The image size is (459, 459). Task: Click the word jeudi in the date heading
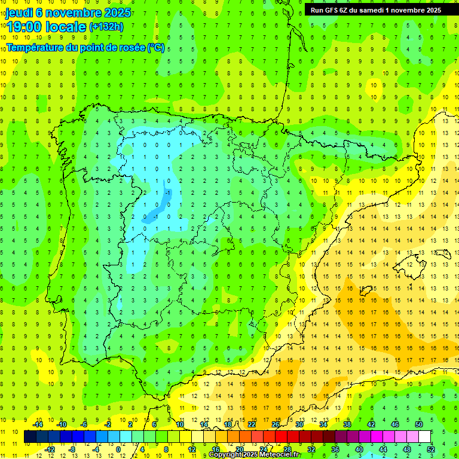19,13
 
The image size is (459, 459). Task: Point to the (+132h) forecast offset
106,26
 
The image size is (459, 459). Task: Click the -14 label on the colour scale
38,424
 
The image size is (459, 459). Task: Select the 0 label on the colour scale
118,449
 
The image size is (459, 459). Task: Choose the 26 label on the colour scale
276,424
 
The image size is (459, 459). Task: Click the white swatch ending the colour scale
424,437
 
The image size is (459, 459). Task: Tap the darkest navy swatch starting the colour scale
30,437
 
